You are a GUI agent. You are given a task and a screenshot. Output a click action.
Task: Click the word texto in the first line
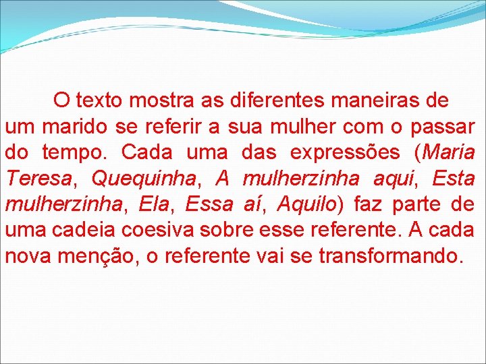point(99,101)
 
